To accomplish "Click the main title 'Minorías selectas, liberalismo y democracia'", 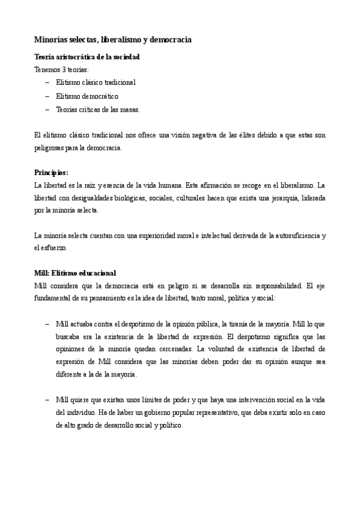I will pyautogui.click(x=113, y=40).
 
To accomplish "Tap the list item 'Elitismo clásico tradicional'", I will pyautogui.click(x=96, y=82).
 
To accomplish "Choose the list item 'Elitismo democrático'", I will pyautogui.click(x=87, y=96).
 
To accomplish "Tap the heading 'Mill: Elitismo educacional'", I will pyautogui.click(x=75, y=272).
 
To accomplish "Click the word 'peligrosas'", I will pyautogui.click(x=49, y=147).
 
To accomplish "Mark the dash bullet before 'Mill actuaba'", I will pyautogui.click(x=47, y=324).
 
